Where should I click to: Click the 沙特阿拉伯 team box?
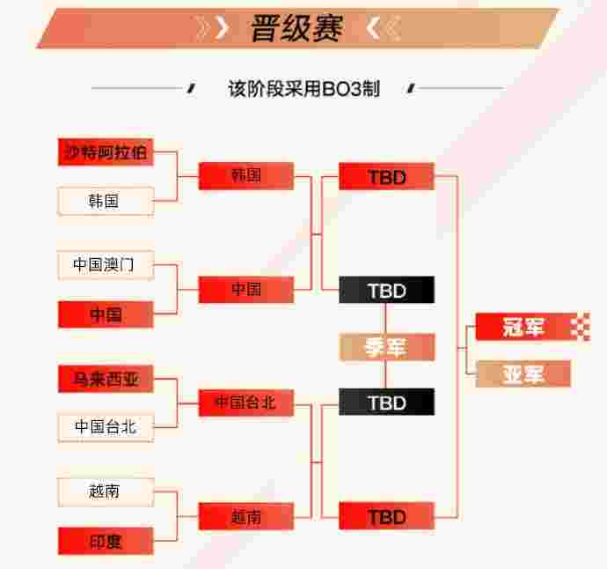pos(106,152)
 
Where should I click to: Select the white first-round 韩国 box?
pos(106,201)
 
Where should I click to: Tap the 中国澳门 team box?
pos(106,265)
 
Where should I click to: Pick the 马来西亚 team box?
pos(106,379)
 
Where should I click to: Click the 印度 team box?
pos(106,541)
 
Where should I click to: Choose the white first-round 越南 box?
pos(106,492)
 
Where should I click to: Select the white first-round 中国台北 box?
pos(106,427)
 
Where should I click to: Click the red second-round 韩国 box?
pos(246,176)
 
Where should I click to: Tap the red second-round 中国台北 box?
pos(246,403)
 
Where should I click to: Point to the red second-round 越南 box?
pos(246,516)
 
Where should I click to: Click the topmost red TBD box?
pos(387,176)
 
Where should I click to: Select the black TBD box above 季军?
pos(387,290)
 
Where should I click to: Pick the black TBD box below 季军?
pos(387,402)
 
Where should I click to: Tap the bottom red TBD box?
pos(387,516)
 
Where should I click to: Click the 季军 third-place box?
pos(387,347)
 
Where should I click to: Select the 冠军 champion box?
pos(533,327)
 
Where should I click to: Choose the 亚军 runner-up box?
pos(523,373)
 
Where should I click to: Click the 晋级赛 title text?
pos(297,28)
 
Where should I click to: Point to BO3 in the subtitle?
pos(341,89)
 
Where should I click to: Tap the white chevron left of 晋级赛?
pos(222,28)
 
